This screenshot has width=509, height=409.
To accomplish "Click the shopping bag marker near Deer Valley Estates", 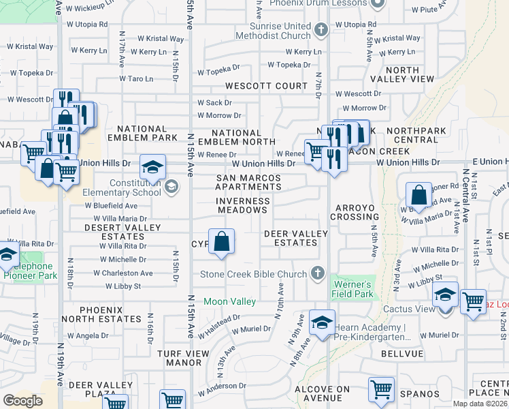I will (x=221, y=241).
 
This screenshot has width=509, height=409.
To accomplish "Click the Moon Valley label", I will (x=230, y=301).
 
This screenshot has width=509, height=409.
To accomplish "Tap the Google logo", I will (x=22, y=401).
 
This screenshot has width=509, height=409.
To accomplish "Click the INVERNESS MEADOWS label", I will (x=242, y=205).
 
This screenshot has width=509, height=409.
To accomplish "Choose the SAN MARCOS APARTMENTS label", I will (x=248, y=182).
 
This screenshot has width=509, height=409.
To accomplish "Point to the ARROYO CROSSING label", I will (x=354, y=211).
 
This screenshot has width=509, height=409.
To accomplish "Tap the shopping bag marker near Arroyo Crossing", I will (x=419, y=194).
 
